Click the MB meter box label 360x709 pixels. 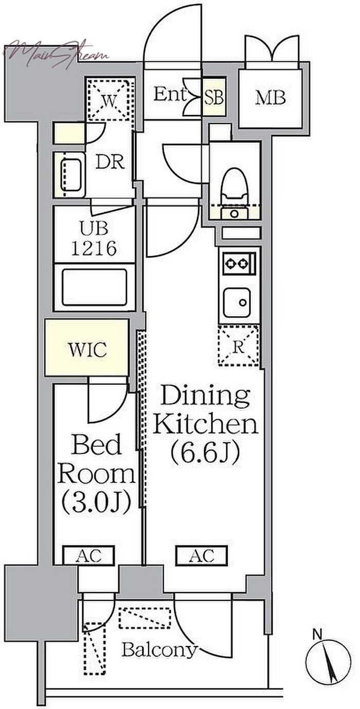point(271,97)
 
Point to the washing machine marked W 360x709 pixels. point(110,100)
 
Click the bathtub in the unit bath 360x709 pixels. point(95,286)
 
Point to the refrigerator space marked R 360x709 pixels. point(238,346)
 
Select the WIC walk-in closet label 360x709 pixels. point(87,350)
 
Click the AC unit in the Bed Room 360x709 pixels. point(88,556)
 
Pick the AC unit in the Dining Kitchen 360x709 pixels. point(201,555)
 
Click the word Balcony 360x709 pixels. point(159,650)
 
